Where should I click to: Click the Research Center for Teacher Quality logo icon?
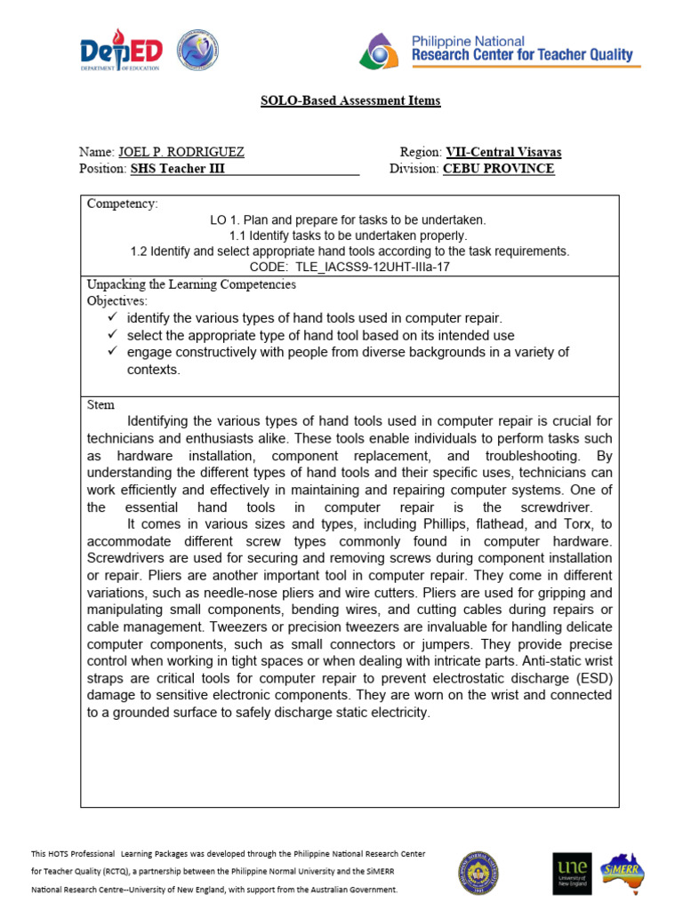381,52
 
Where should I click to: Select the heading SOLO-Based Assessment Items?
350,100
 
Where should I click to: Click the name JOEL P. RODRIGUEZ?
181,152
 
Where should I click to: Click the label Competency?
122,204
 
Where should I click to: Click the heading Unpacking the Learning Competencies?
191,284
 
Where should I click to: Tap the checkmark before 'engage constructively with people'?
111,352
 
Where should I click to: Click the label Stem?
100,404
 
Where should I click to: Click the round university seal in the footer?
478,873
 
